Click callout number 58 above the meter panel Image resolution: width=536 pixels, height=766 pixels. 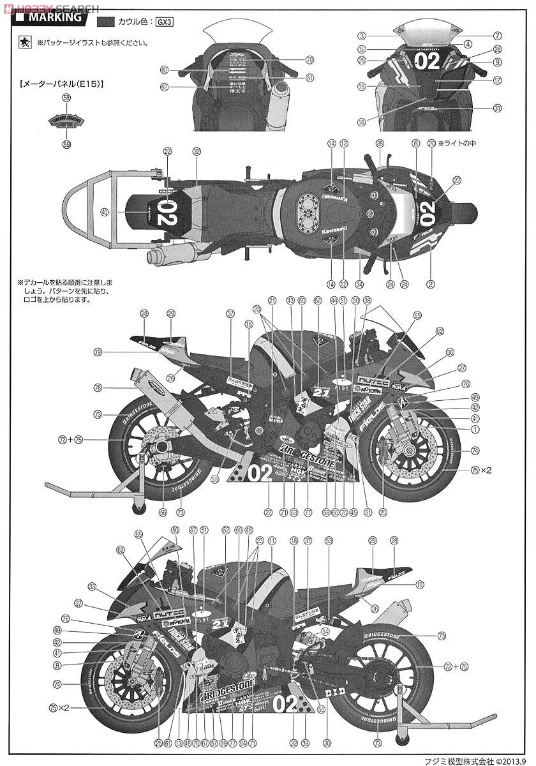[x=66, y=98]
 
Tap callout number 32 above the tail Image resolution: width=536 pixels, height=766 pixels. [x=197, y=152]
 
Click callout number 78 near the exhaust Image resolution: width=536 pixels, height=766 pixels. [x=98, y=387]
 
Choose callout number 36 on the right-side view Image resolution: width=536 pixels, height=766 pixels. [x=450, y=352]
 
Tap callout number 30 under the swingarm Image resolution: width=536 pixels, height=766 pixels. [x=327, y=742]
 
